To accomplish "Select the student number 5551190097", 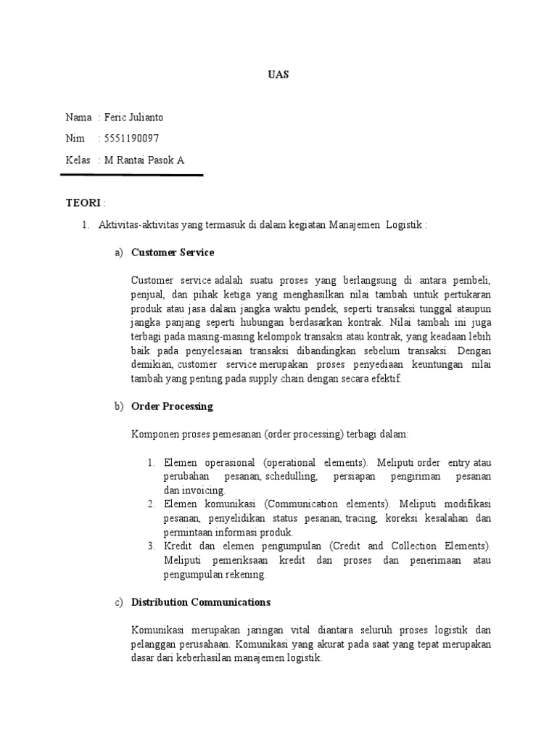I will click(133, 139).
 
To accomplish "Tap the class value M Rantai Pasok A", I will click(144, 160).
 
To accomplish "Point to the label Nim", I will click(74, 139).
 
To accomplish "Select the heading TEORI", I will click(83, 202).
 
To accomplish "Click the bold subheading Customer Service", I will click(173, 253).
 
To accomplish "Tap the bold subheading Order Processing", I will click(172, 406).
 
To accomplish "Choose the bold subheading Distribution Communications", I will click(201, 602).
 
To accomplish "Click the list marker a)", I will click(119, 253).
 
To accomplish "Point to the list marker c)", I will click(119, 602).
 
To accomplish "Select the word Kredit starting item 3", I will click(178, 546).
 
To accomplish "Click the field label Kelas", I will click(78, 160).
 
